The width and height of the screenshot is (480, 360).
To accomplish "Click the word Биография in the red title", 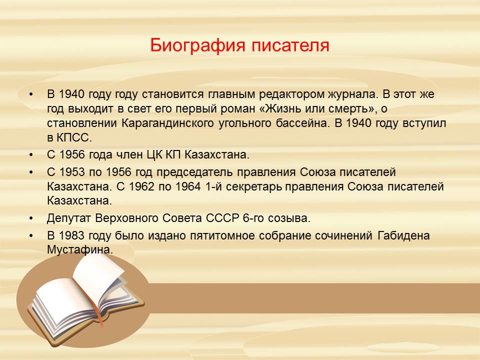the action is pyautogui.click(x=198, y=45).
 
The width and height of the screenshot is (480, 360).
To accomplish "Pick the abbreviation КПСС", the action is pyautogui.click(x=74, y=138).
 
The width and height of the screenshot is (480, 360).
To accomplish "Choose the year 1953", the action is pyautogui.click(x=72, y=172).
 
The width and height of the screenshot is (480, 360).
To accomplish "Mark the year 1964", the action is pyautogui.click(x=188, y=186).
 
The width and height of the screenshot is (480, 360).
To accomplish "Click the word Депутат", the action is pyautogui.click(x=69, y=219).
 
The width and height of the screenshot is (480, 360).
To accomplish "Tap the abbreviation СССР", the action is pyautogui.click(x=222, y=218).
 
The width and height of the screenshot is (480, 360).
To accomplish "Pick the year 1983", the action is pyautogui.click(x=71, y=235).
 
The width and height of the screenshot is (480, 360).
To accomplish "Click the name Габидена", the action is pyautogui.click(x=403, y=236).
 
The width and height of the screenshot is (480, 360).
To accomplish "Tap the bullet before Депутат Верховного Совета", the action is pyautogui.click(x=30, y=218).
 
